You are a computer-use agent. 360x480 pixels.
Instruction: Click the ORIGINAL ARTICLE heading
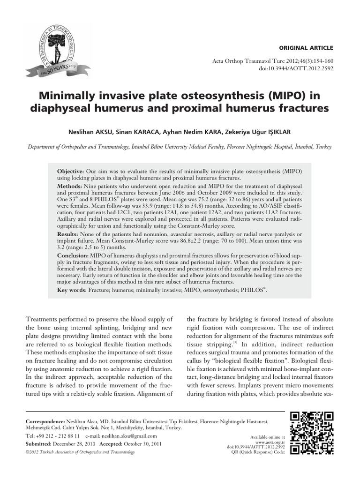click(x=306, y=48)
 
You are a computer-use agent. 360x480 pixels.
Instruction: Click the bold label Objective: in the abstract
click(x=70, y=172)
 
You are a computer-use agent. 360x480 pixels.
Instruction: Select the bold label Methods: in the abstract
click(x=70, y=186)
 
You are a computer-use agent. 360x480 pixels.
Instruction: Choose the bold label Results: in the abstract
click(x=68, y=233)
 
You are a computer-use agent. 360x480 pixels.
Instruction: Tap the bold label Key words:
click(x=72, y=291)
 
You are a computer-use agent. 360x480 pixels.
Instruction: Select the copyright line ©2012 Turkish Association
click(x=80, y=452)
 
